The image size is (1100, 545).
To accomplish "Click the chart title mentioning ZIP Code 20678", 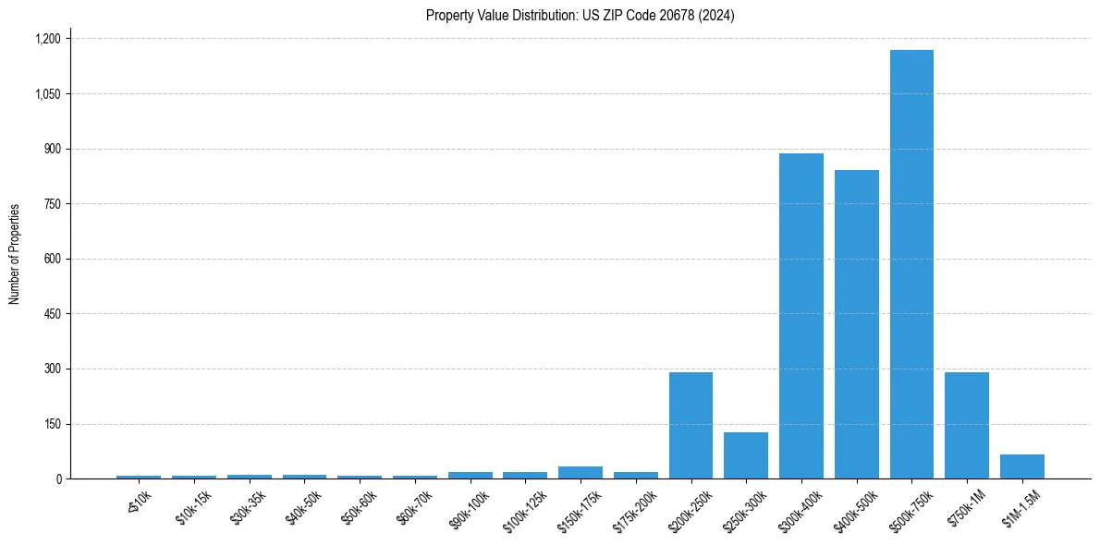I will click(x=580, y=16).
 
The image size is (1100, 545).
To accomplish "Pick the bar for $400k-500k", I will click(x=856, y=324).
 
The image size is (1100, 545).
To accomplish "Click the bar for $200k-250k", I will click(x=691, y=426).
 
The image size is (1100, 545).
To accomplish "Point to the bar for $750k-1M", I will click(x=967, y=426).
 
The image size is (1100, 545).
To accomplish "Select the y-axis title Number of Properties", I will click(x=15, y=254).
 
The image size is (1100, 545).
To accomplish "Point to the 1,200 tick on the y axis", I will click(x=48, y=39).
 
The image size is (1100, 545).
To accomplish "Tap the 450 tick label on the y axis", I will click(x=53, y=314).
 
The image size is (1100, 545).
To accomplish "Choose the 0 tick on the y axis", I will click(x=58, y=479).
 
